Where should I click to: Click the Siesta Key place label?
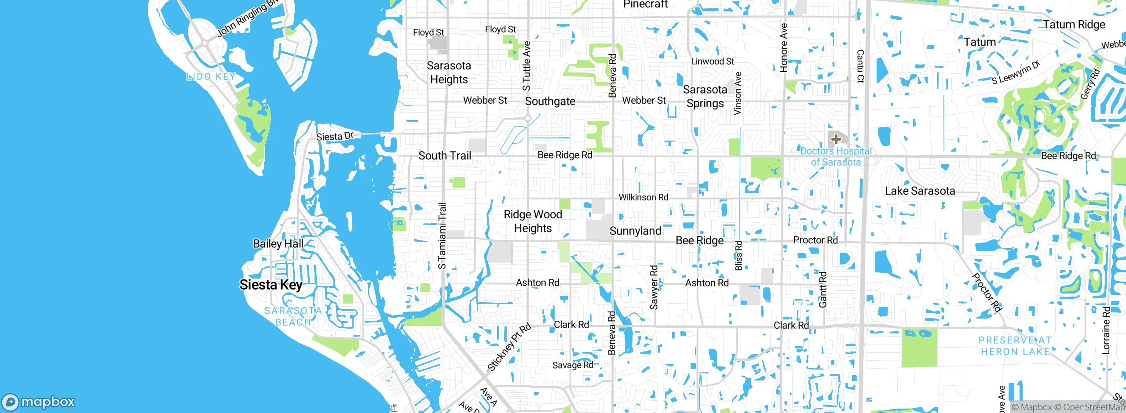click(x=271, y=285)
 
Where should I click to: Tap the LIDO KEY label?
click(x=211, y=76)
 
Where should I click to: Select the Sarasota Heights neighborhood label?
click(x=449, y=72)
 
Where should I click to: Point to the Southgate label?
click(x=550, y=101)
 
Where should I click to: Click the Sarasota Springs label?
click(x=705, y=96)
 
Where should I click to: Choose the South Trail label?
click(x=445, y=156)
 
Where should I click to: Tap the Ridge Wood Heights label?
click(x=533, y=221)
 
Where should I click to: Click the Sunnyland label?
click(x=635, y=231)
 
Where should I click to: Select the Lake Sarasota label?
click(x=920, y=191)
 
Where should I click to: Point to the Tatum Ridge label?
click(x=1074, y=25)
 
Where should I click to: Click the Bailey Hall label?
click(x=278, y=243)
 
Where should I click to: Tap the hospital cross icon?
click(x=836, y=139)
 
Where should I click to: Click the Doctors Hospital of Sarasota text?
click(x=836, y=156)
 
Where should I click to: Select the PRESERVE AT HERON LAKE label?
click(x=1015, y=346)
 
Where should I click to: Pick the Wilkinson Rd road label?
click(x=643, y=197)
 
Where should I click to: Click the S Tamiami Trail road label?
click(x=442, y=235)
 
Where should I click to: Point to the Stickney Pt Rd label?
click(x=509, y=347)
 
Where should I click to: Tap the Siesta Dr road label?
click(x=335, y=136)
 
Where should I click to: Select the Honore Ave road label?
click(x=783, y=47)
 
